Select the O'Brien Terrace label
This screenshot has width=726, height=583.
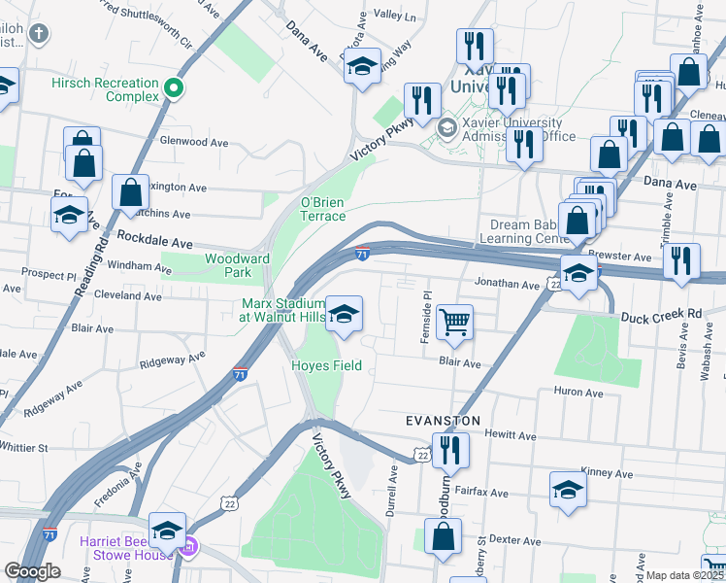tap(322, 209)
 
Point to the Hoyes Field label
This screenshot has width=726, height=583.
tap(327, 365)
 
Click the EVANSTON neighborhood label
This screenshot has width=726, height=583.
tap(443, 421)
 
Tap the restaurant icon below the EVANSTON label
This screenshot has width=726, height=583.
tap(449, 450)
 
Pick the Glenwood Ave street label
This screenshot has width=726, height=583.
tap(194, 142)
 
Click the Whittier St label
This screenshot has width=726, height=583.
tap(23, 448)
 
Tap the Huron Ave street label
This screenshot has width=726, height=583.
tap(577, 393)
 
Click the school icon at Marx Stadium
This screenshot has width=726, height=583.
tap(343, 314)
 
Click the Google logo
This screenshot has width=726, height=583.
tap(32, 571)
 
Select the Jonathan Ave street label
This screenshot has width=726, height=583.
tap(506, 285)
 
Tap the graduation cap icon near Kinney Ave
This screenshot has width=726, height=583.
tap(568, 490)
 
